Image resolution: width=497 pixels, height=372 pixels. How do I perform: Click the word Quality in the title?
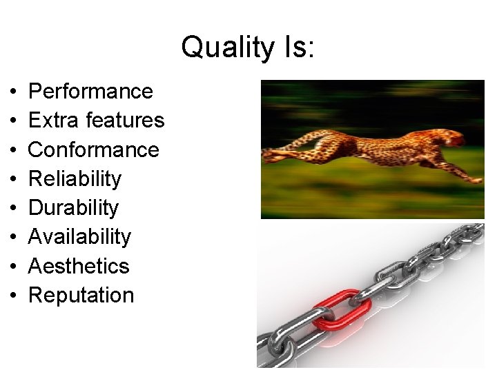pos(217,48)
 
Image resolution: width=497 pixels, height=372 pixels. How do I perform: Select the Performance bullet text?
pos(90,92)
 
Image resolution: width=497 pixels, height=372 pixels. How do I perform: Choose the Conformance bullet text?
pos(93,149)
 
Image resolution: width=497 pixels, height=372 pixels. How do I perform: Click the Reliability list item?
pos(75,179)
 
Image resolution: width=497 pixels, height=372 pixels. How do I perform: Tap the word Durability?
pos(73,208)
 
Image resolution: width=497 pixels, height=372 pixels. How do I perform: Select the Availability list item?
pos(79,237)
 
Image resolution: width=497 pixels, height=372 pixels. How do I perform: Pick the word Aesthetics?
pos(79,266)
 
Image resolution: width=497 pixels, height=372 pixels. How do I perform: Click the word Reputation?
pos(81,296)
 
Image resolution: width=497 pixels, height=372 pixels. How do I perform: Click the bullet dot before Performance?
pos(14,92)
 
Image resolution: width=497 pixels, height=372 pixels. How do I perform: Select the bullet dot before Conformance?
pos(14,150)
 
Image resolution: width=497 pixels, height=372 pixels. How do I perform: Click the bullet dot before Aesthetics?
pos(14,267)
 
